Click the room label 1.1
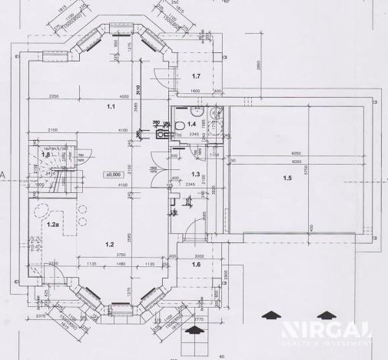coord(111,107)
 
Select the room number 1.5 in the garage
coord(288,178)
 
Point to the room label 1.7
coord(196,76)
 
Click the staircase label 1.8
coord(45,155)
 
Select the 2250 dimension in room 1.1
coord(54,96)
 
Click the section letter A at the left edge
coord(4,175)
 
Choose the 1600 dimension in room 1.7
coord(195,91)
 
